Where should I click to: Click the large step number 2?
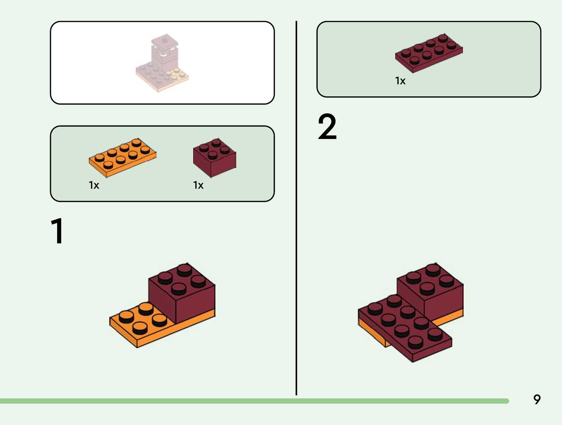click(x=327, y=127)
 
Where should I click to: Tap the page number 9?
click(x=537, y=399)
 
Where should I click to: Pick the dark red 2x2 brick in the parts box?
click(x=214, y=157)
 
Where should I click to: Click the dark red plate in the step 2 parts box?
click(x=428, y=53)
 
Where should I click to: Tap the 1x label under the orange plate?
click(x=94, y=185)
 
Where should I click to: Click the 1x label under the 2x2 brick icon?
click(x=198, y=185)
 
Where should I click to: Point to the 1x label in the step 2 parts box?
click(x=400, y=81)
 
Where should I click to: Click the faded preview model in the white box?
click(x=162, y=63)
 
